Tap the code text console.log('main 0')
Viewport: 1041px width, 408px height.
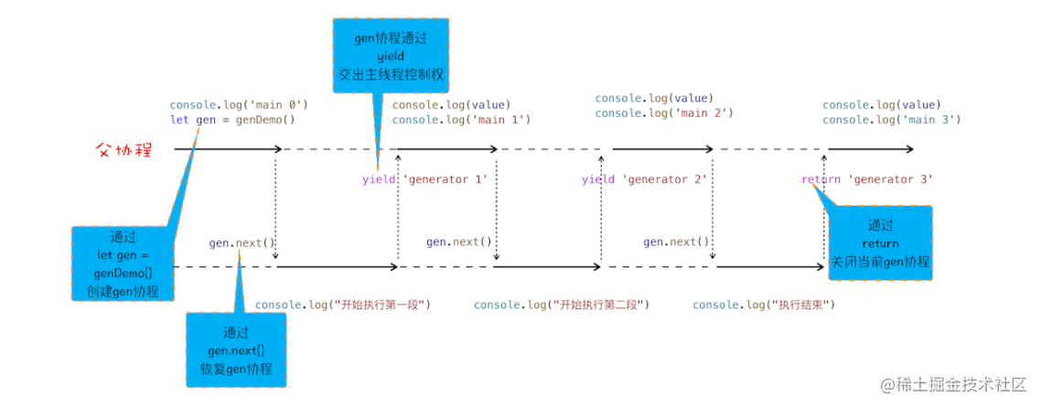coord(239,104)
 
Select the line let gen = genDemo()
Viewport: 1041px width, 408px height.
coord(232,120)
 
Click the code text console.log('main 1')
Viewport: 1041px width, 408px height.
coord(461,120)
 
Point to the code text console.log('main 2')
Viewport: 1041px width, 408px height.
coord(664,113)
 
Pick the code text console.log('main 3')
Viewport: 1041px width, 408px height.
coord(891,120)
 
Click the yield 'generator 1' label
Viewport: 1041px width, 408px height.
coord(424,179)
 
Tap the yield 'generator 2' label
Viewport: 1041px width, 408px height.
coord(645,179)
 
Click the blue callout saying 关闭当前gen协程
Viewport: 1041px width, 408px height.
coord(880,243)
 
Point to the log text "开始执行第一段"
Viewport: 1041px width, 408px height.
coord(342,305)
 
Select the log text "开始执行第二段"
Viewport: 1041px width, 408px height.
coord(561,305)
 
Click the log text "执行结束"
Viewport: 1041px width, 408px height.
coord(764,305)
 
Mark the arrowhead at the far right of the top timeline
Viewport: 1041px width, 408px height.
coord(909,149)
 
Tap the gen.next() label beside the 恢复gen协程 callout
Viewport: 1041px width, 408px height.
coord(241,242)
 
